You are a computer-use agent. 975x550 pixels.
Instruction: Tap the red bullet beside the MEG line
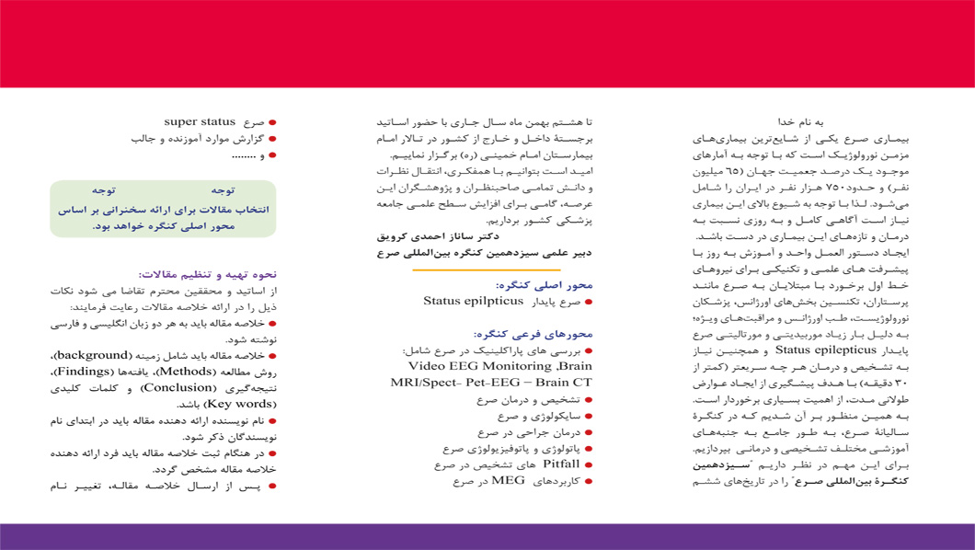click(590, 481)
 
